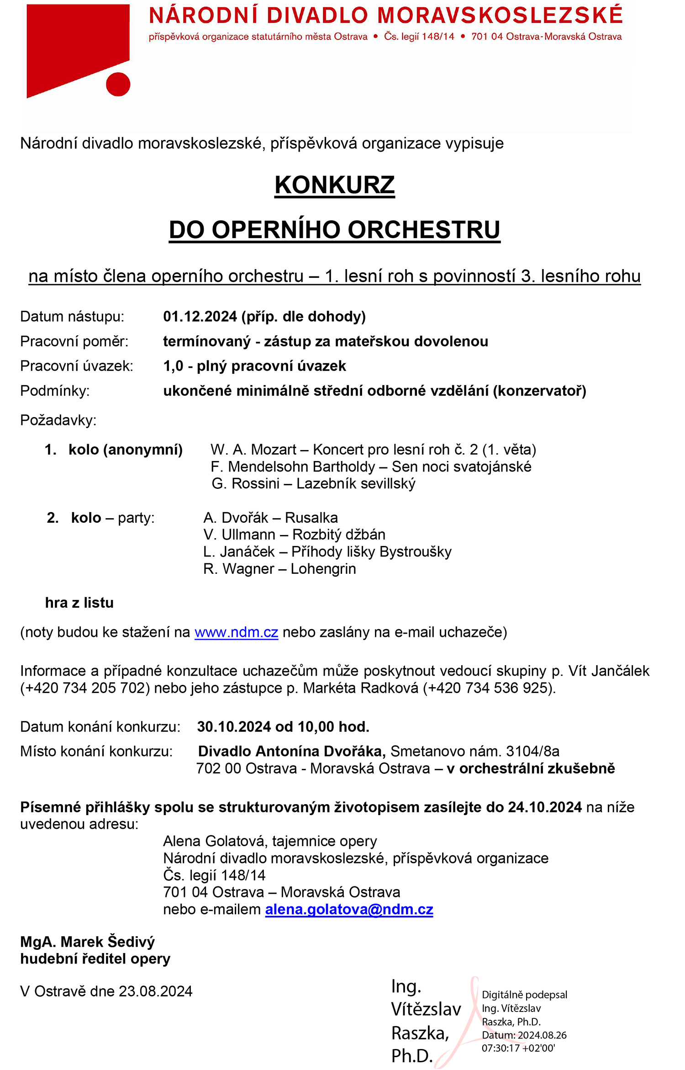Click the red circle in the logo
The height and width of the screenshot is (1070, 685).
118,85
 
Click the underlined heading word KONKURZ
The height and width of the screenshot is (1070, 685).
334,185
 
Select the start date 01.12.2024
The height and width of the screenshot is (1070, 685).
200,317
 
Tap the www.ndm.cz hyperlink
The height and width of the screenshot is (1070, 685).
236,632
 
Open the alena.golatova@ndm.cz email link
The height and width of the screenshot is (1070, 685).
349,910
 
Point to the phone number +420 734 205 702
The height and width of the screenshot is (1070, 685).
85,688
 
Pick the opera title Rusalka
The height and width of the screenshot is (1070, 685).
311,518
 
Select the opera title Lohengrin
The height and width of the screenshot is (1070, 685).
323,569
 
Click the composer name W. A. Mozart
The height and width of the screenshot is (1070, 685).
253,450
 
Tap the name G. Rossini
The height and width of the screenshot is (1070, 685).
245,484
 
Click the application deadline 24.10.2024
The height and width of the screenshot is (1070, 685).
545,807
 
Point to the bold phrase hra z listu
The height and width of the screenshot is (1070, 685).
79,603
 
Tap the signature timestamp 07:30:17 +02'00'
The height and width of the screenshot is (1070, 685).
518,1048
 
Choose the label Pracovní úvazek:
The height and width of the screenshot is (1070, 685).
77,366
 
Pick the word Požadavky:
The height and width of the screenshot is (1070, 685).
58,420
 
